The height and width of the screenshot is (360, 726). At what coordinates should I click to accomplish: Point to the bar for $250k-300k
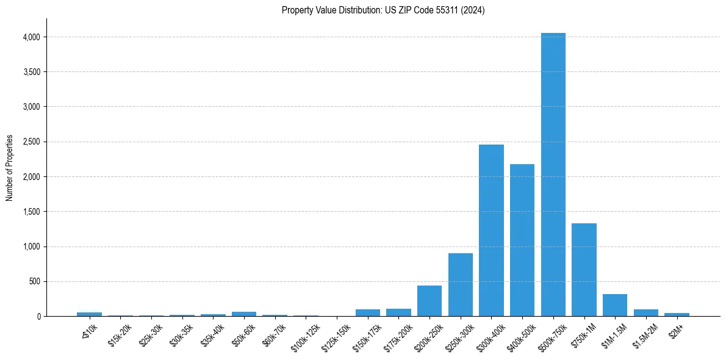click(x=461, y=284)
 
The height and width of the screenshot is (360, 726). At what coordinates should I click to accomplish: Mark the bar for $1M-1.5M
click(x=615, y=305)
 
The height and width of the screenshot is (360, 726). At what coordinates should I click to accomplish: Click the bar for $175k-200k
click(x=398, y=312)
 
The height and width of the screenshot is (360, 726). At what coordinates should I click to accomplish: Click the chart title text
click(x=383, y=10)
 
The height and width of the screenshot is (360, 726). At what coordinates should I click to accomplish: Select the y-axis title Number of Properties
click(x=10, y=168)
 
